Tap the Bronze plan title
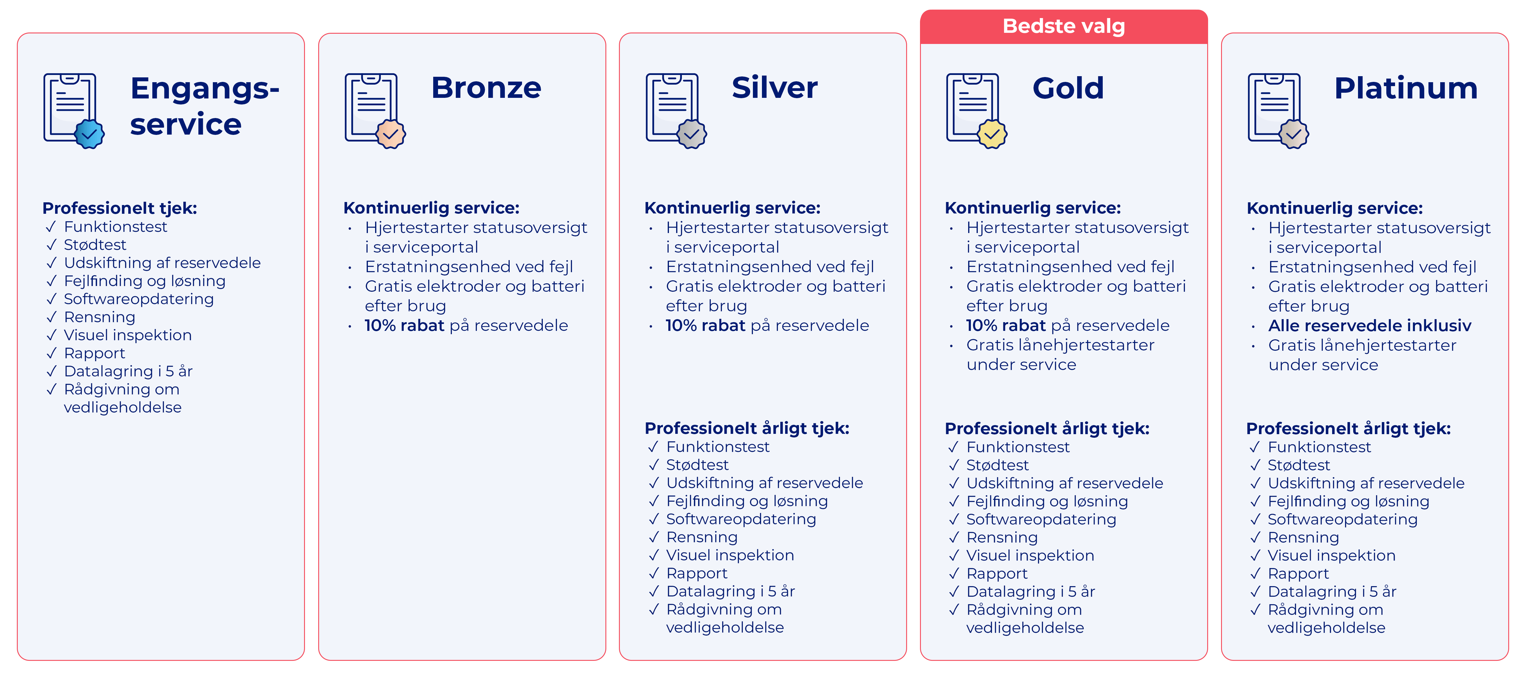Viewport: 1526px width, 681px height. [486, 88]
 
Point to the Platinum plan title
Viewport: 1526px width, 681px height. [1406, 88]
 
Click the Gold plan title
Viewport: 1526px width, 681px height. [1068, 88]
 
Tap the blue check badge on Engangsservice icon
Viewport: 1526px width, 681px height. [89, 134]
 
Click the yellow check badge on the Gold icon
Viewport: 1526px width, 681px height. [992, 134]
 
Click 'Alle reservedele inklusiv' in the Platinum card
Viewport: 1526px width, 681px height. [1370, 326]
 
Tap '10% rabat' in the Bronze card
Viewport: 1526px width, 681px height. [404, 326]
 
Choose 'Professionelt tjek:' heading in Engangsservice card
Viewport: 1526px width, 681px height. [120, 208]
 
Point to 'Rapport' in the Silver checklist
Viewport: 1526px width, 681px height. [697, 573]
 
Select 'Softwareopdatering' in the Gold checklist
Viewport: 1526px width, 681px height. [1041, 519]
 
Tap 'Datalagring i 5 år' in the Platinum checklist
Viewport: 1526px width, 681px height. [1332, 592]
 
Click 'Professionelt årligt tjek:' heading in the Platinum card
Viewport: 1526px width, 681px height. [1348, 429]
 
